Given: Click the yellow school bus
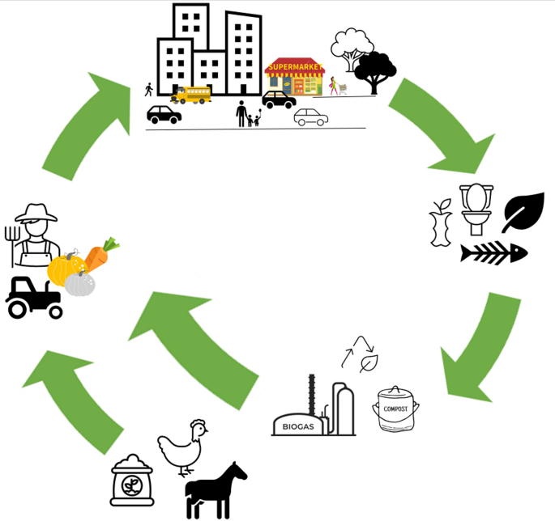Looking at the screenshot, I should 191,95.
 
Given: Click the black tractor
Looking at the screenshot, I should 35,297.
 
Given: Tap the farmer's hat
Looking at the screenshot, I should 36,213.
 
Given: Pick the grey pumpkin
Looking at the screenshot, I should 79,283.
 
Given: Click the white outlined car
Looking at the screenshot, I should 311,117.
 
